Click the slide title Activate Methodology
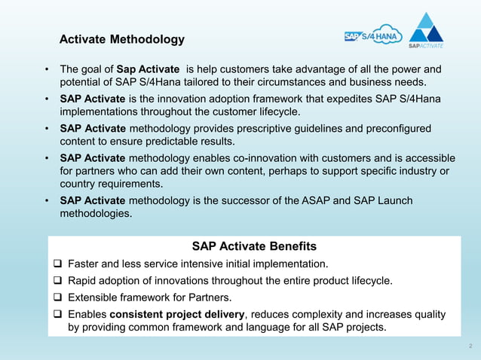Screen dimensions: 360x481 click(x=121, y=38)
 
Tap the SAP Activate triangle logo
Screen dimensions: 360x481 click(x=430, y=32)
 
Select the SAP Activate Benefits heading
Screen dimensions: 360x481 click(x=254, y=246)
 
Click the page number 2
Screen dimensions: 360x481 click(x=470, y=346)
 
